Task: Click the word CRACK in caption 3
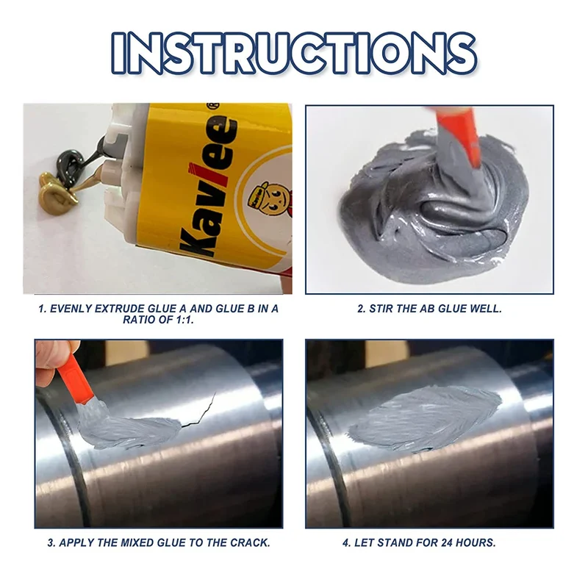250,543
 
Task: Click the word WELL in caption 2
486,309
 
